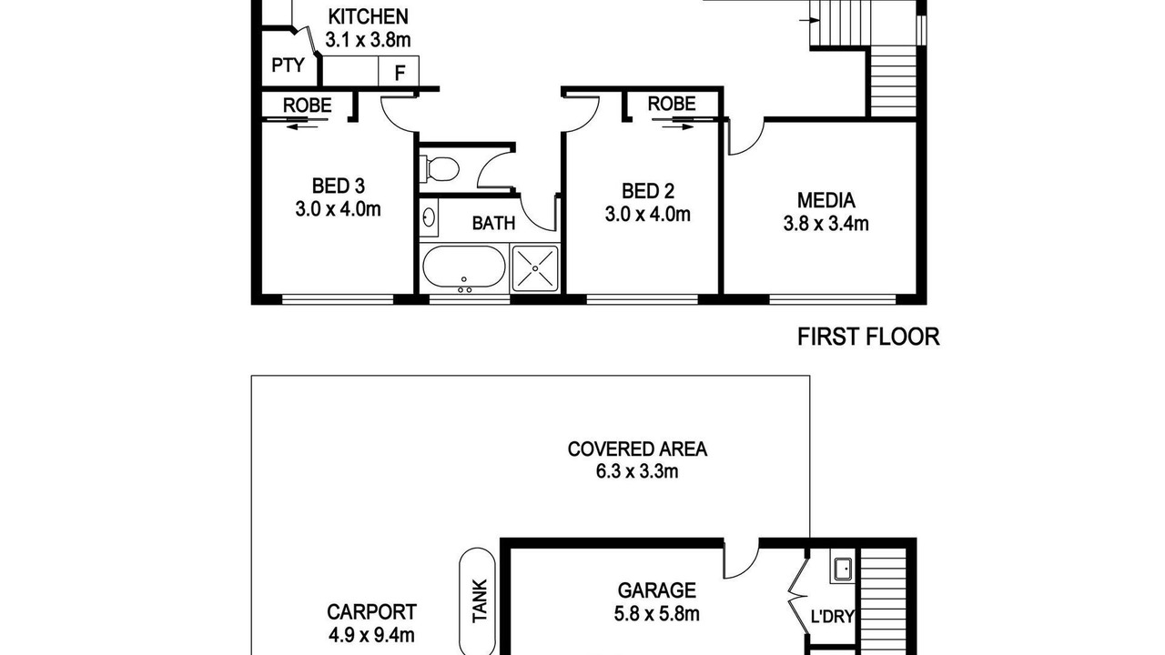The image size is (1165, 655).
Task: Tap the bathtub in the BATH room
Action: click(464, 267)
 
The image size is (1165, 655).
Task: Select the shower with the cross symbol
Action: click(535, 268)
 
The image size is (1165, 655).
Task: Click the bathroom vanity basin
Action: click(429, 217)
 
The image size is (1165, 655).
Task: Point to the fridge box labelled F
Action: click(399, 71)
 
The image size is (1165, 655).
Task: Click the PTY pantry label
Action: click(288, 65)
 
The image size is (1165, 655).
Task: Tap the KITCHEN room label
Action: click(368, 16)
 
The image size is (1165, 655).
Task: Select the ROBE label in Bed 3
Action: click(307, 106)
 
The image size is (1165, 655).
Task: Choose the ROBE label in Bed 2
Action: click(672, 104)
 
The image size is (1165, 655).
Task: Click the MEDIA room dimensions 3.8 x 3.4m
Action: click(826, 224)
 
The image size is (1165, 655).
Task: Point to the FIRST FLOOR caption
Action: click(868, 337)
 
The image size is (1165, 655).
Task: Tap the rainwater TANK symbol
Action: click(477, 601)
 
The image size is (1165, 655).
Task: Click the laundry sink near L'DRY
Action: click(843, 569)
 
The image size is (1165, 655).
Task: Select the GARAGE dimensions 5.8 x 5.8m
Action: click(656, 614)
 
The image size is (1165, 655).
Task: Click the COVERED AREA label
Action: click(637, 449)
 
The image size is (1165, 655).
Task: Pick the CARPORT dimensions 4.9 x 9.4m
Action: click(371, 635)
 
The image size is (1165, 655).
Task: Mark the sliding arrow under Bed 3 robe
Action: click(301, 126)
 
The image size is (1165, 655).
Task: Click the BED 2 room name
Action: click(648, 191)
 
